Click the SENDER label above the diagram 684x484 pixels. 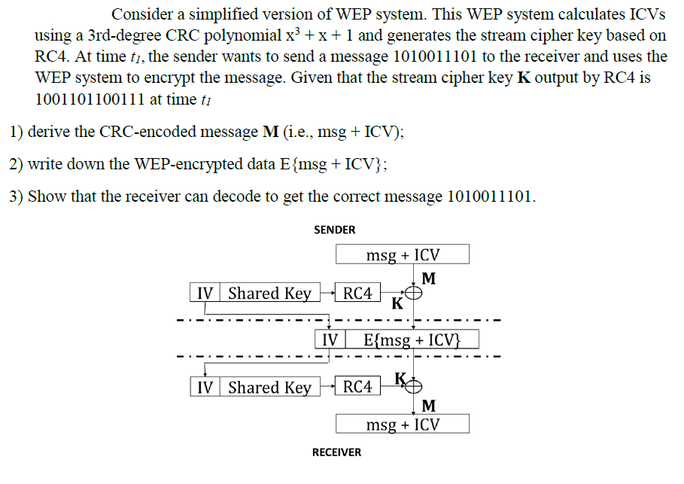(x=334, y=230)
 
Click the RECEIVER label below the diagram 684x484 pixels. (x=336, y=452)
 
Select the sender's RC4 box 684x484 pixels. (x=357, y=294)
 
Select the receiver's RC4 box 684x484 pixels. (x=357, y=388)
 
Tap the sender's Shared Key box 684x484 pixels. (x=269, y=294)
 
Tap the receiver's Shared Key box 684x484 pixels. (x=269, y=388)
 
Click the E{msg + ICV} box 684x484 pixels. (x=411, y=339)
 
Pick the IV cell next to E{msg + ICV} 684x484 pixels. (x=330, y=339)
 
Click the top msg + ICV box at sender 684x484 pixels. (x=403, y=254)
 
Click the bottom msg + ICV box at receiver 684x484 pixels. (x=403, y=425)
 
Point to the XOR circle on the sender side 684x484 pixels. (x=414, y=294)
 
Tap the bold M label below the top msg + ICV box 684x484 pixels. (x=428, y=279)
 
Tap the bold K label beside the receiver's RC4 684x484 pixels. (x=400, y=377)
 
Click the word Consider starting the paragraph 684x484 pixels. (x=143, y=14)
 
